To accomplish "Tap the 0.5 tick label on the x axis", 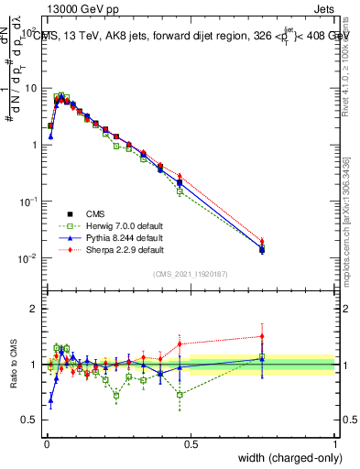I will [x=191, y=442].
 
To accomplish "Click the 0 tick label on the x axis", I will [x=47, y=442].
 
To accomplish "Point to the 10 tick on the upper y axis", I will [x=30, y=88].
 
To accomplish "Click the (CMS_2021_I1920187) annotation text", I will [x=191, y=274].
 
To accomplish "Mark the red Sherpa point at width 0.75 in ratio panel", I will [x=262, y=336].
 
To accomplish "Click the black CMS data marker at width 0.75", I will [x=262, y=249].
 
